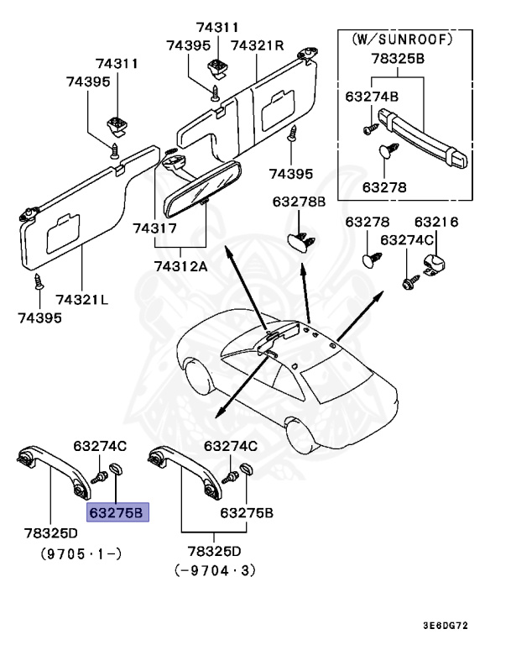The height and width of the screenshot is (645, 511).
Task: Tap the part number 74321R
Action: tap(258, 45)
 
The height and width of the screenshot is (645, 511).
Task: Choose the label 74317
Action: tap(157, 228)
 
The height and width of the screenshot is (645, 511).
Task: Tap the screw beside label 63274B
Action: tap(369, 128)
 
